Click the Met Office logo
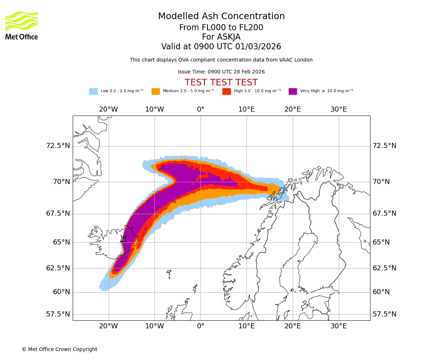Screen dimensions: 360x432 point(22,25)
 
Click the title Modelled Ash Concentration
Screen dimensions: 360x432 point(221,16)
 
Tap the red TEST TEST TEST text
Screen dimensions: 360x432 point(221,82)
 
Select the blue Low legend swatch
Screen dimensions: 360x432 point(93,91)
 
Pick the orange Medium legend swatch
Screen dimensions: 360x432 point(156,91)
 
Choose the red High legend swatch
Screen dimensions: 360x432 point(226,91)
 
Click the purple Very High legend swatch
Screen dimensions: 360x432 point(293,91)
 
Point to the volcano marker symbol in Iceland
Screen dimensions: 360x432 point(123,239)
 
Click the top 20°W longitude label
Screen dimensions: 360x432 point(108,109)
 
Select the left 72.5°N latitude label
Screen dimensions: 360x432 point(58,146)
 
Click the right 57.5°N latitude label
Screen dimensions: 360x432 point(384,314)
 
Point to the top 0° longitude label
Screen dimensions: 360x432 point(201,109)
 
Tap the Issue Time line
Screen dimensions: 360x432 point(221,72)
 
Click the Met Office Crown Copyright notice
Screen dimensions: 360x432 point(59,349)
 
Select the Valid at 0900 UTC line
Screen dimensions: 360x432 point(221,46)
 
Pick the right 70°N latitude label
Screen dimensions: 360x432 point(381,182)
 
